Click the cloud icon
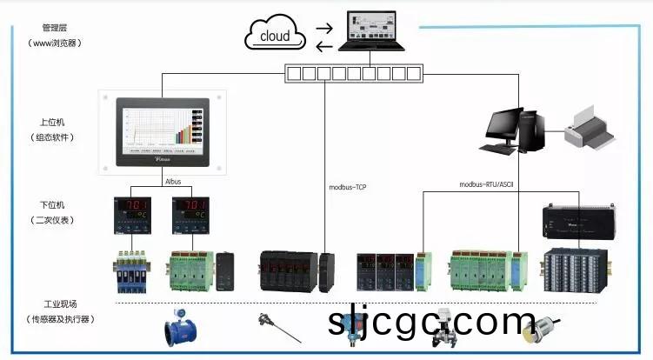[x=275, y=36]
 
